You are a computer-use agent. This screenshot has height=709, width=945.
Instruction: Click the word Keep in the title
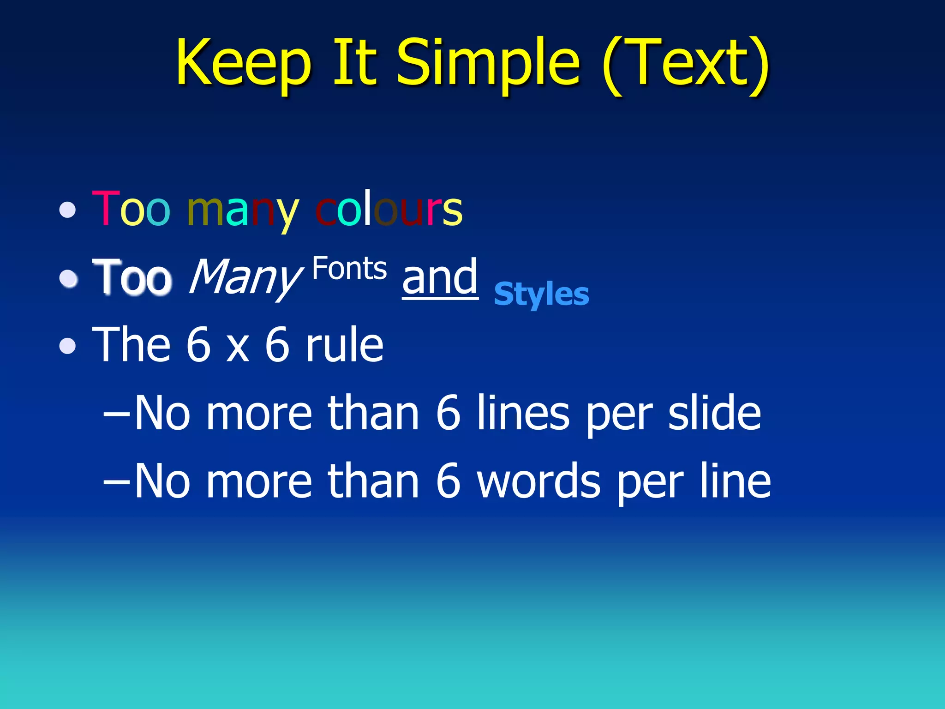click(x=243, y=63)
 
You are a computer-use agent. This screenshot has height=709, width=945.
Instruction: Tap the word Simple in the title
click(x=488, y=63)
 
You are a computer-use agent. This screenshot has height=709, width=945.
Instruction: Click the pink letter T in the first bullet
click(x=105, y=209)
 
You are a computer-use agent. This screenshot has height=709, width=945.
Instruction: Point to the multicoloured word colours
click(x=389, y=209)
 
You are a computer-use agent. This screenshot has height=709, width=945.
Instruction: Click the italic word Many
click(x=245, y=277)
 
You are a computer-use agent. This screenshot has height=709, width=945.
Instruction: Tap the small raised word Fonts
click(x=349, y=269)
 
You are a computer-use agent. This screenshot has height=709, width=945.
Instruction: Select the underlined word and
click(x=440, y=277)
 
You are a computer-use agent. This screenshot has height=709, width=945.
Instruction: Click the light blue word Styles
click(x=541, y=294)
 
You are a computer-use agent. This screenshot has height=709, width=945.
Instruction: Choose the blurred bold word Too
click(x=132, y=277)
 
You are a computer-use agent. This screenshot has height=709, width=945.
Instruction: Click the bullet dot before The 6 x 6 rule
click(x=68, y=346)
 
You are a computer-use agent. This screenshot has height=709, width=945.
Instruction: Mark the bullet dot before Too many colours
click(x=68, y=210)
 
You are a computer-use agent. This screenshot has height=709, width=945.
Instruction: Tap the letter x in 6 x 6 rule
click(x=238, y=347)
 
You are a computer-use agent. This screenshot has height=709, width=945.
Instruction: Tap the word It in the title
click(x=354, y=63)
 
